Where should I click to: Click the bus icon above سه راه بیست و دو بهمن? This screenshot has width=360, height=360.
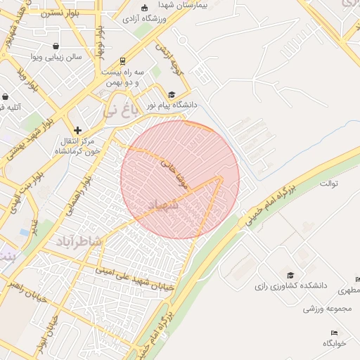point(123,60)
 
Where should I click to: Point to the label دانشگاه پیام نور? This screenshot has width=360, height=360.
point(172,104)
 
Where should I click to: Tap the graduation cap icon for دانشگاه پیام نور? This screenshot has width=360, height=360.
point(172,94)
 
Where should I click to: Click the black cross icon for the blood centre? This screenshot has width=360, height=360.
point(78,130)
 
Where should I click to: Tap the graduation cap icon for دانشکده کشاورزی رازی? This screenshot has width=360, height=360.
point(290,275)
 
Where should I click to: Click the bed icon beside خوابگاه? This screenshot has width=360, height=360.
point(334,333)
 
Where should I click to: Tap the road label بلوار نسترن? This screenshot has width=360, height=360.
point(60,13)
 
